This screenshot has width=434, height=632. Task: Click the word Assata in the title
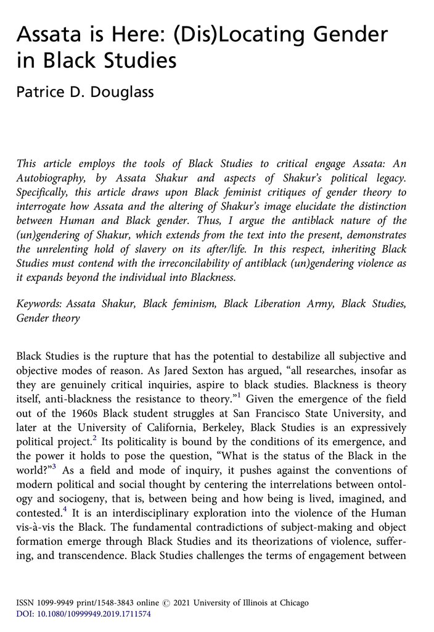[x=49, y=35]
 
